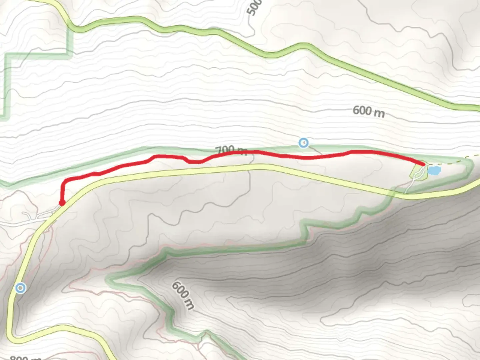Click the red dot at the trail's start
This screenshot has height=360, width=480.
coord(62,203)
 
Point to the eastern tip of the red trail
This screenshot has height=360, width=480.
coord(424,164)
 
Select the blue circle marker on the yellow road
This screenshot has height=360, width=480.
coord(21,288)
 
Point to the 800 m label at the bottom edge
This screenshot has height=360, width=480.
coord(25,358)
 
